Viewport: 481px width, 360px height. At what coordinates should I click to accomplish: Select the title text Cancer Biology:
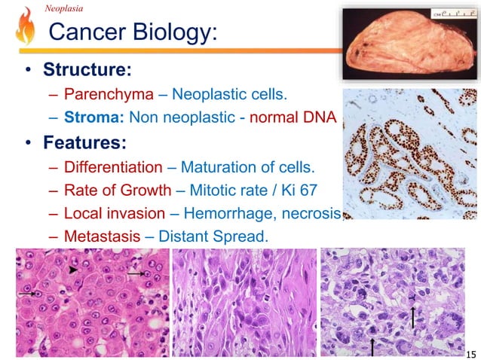[132, 32]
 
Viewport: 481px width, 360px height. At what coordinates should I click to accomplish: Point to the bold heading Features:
[84, 142]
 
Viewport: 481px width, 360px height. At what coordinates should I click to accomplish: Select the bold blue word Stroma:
[94, 117]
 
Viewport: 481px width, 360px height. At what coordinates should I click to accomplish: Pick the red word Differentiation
[112, 166]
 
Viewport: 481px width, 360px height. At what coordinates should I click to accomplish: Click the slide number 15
[471, 352]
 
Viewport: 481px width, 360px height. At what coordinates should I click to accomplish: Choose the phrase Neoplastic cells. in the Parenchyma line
[230, 95]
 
